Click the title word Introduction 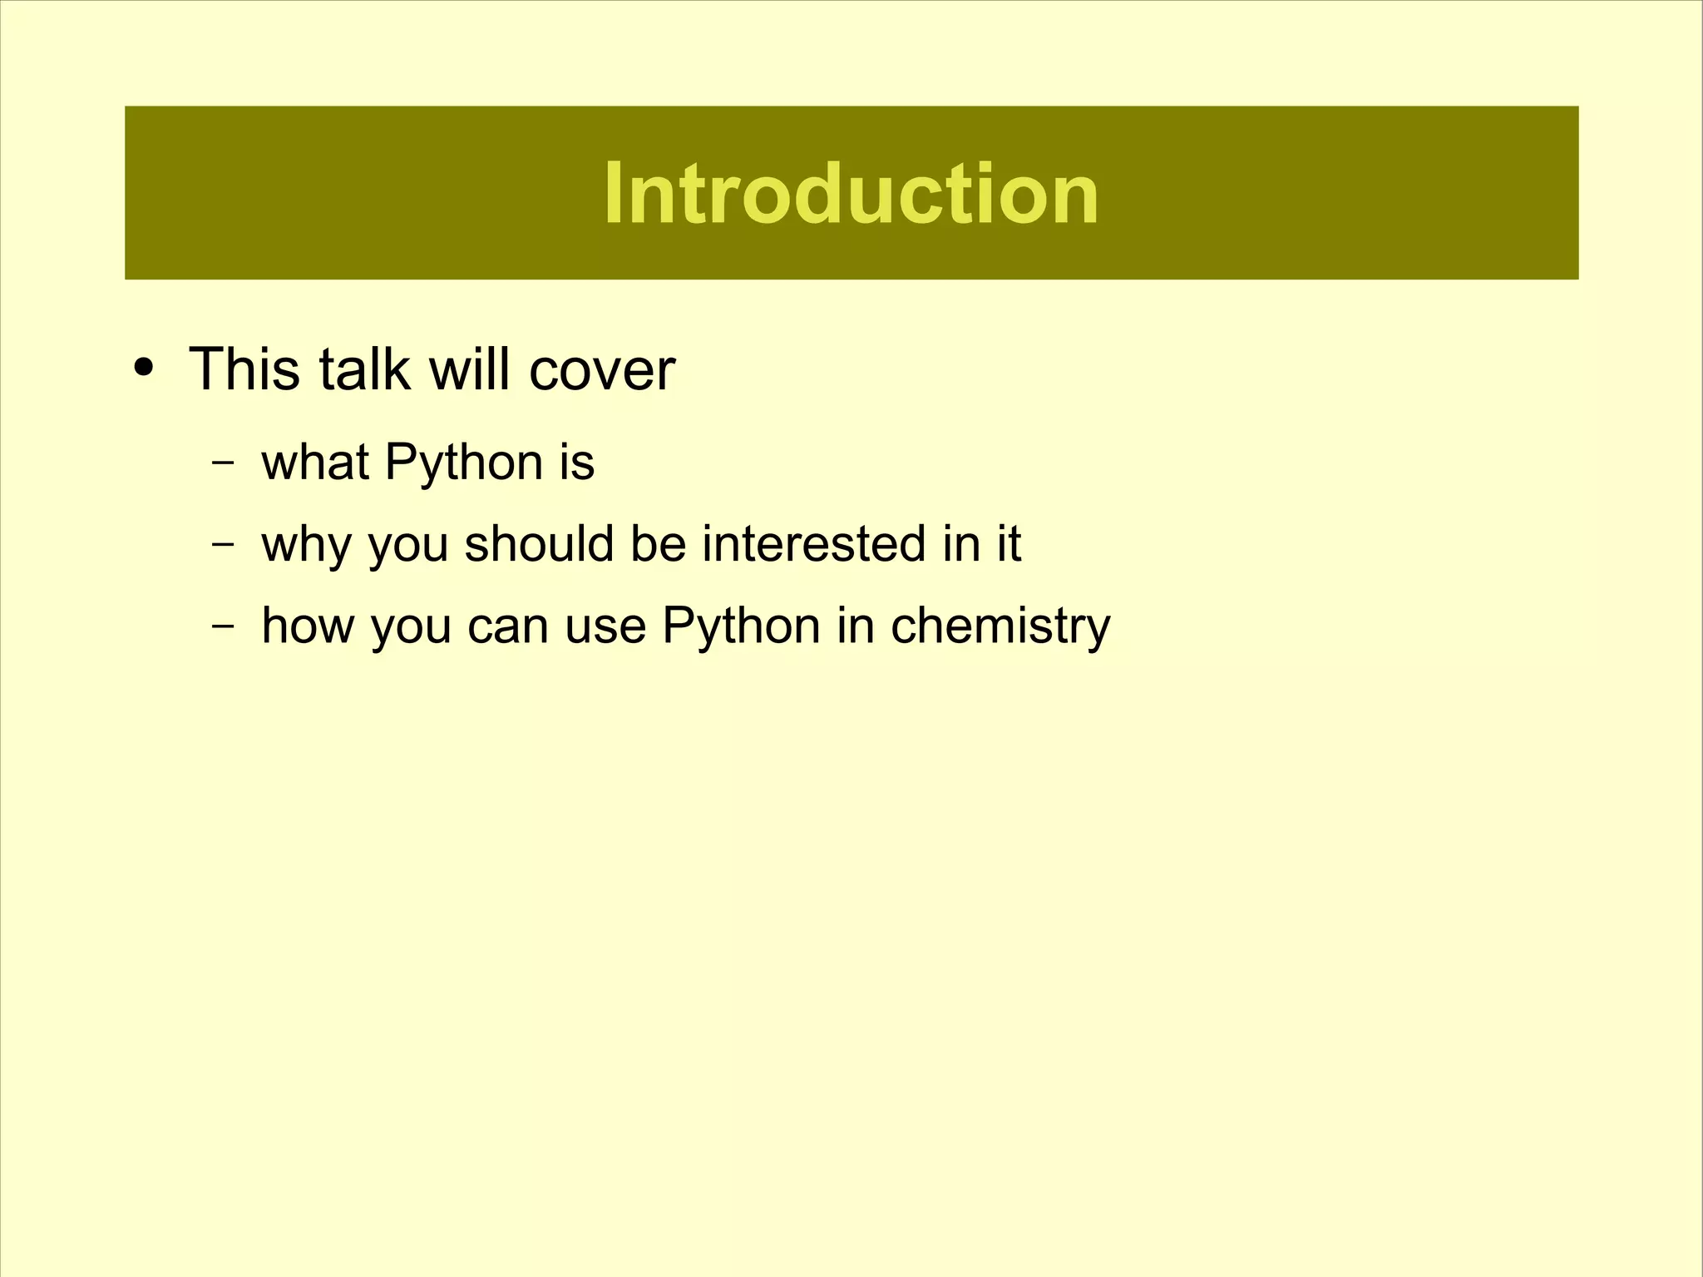(x=851, y=194)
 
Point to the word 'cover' (x=602, y=370)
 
